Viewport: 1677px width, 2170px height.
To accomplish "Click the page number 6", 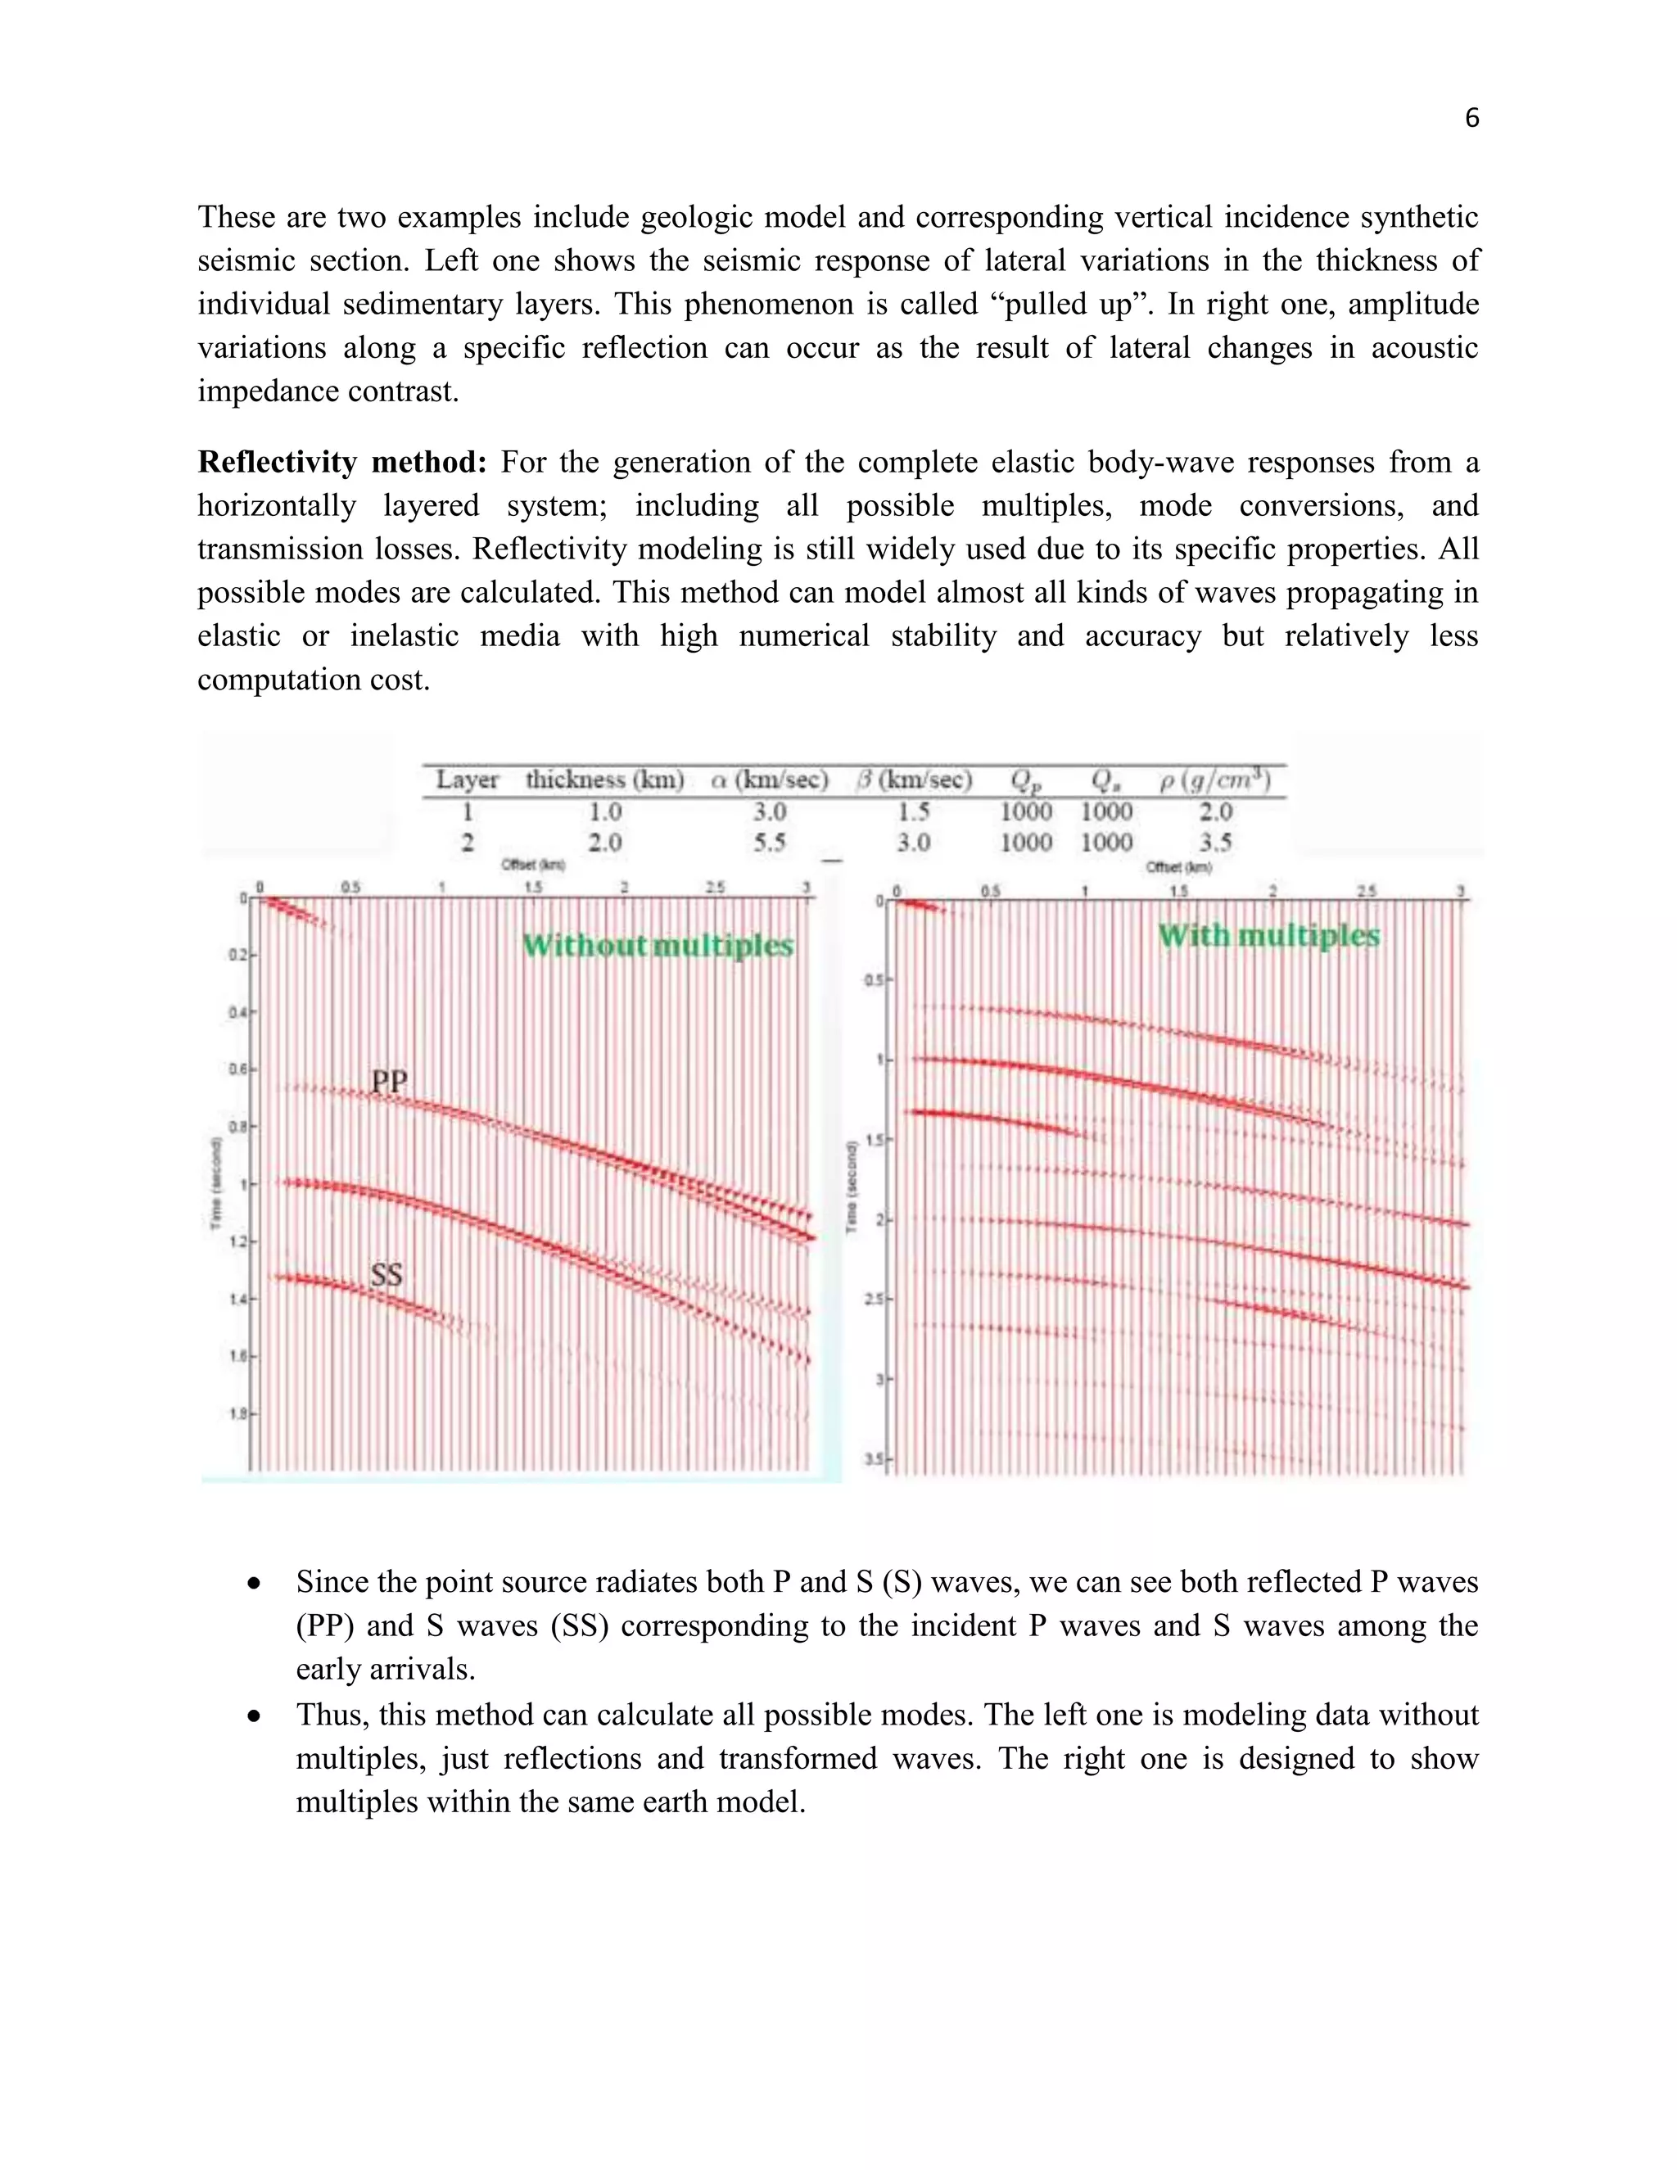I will tap(1471, 118).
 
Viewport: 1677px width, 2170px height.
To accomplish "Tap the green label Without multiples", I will tap(658, 945).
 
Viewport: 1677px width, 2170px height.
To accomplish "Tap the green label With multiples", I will tap(1268, 936).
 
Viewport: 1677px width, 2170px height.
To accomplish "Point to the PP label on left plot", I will tap(390, 1081).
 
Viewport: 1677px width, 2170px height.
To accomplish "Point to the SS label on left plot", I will tap(386, 1274).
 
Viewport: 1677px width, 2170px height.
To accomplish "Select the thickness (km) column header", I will tap(604, 780).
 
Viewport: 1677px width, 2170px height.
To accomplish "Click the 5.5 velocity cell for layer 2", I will tap(769, 843).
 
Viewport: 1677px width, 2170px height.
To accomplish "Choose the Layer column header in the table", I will tap(467, 780).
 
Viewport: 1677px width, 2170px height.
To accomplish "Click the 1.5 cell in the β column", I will tap(914, 811).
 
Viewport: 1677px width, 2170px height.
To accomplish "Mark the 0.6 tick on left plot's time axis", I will tap(238, 1070).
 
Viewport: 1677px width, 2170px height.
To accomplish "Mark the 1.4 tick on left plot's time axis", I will tap(238, 1299).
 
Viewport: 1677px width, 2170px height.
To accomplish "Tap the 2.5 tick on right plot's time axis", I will tap(875, 1299).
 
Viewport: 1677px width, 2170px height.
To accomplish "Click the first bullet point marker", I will tap(255, 1583).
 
